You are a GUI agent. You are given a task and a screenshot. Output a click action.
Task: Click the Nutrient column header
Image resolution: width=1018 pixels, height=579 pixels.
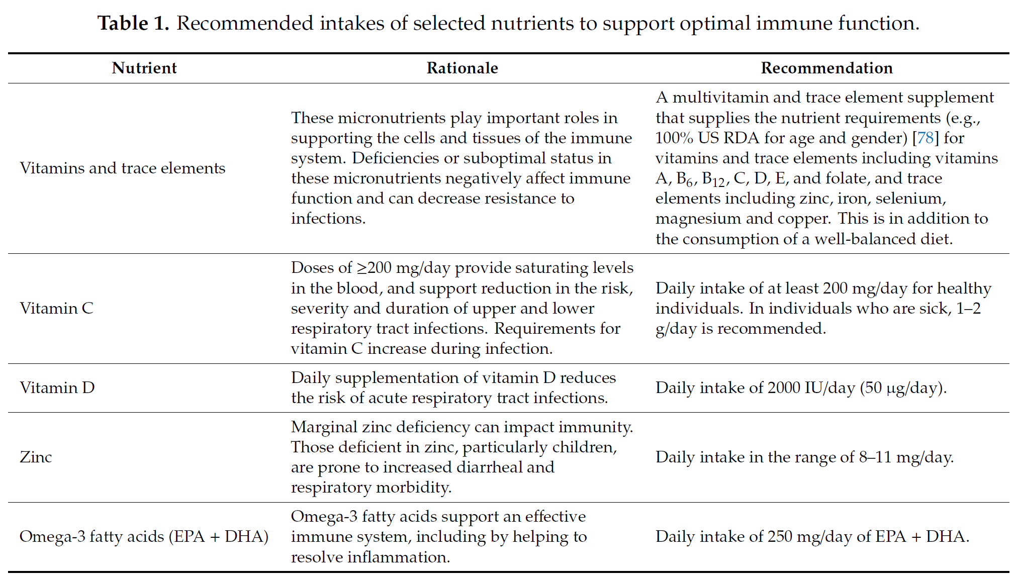click(x=144, y=68)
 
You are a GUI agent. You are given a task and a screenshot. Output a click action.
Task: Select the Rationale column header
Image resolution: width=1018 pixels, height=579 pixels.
click(x=462, y=68)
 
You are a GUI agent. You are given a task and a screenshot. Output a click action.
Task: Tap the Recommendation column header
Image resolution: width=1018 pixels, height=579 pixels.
click(x=827, y=68)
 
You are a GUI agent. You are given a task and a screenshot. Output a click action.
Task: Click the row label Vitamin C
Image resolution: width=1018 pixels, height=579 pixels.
click(x=57, y=308)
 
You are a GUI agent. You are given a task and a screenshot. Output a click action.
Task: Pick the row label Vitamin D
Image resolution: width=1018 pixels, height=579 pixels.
click(x=57, y=388)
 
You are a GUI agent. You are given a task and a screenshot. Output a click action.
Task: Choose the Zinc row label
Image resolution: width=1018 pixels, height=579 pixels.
click(x=36, y=457)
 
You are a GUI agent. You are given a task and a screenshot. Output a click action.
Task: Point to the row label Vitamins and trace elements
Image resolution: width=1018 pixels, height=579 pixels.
click(x=123, y=168)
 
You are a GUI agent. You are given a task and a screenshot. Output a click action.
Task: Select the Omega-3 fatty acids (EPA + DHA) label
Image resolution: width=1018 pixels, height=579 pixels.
click(x=144, y=536)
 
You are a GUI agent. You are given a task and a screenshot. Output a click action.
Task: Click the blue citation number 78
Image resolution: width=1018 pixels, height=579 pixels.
click(x=926, y=138)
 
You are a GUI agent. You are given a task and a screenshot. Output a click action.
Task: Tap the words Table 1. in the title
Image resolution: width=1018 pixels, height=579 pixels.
click(x=133, y=23)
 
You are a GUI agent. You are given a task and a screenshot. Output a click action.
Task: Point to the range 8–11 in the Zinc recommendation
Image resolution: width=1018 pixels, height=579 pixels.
click(x=875, y=457)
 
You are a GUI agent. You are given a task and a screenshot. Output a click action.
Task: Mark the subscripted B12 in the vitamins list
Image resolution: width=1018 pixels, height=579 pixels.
click(x=713, y=179)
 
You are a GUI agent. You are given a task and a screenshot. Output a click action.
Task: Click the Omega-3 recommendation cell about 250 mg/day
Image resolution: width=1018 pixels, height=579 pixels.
click(x=812, y=536)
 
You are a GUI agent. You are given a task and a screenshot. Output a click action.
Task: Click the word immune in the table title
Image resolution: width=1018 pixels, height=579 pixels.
click(x=794, y=23)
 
